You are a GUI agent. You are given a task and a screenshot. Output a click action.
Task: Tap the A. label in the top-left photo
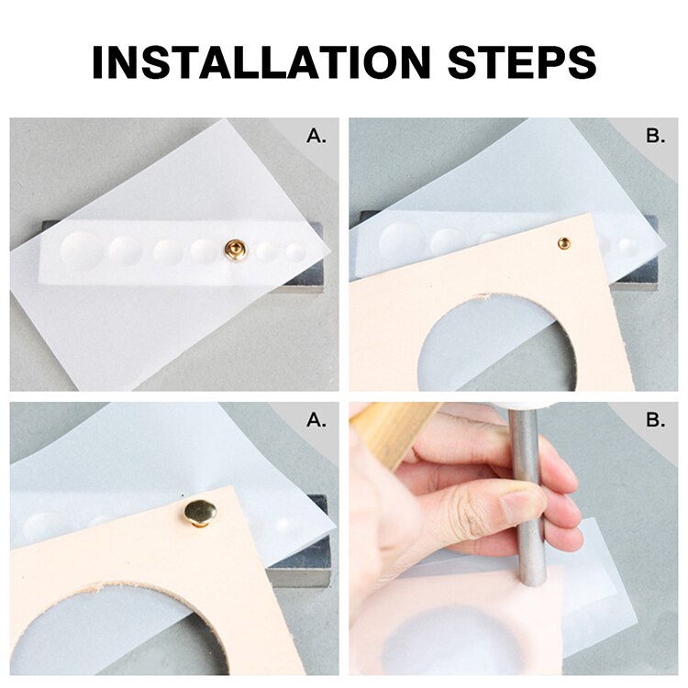[x=316, y=137]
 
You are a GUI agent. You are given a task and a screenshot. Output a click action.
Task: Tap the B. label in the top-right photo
[x=655, y=137]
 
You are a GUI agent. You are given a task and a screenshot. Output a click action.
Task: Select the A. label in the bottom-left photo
[x=316, y=421]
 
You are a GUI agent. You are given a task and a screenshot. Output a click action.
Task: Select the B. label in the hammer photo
[x=655, y=421]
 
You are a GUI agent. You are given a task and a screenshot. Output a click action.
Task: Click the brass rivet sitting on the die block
[x=236, y=249]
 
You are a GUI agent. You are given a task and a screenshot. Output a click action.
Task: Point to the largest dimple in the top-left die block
[x=81, y=249]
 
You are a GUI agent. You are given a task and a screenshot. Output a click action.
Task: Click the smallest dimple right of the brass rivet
[x=294, y=250]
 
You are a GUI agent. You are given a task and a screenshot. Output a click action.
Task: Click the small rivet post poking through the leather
[x=564, y=242]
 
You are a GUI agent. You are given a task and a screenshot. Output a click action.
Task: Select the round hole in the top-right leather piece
[x=486, y=344]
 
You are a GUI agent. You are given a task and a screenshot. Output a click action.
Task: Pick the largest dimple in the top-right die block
[x=398, y=240]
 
